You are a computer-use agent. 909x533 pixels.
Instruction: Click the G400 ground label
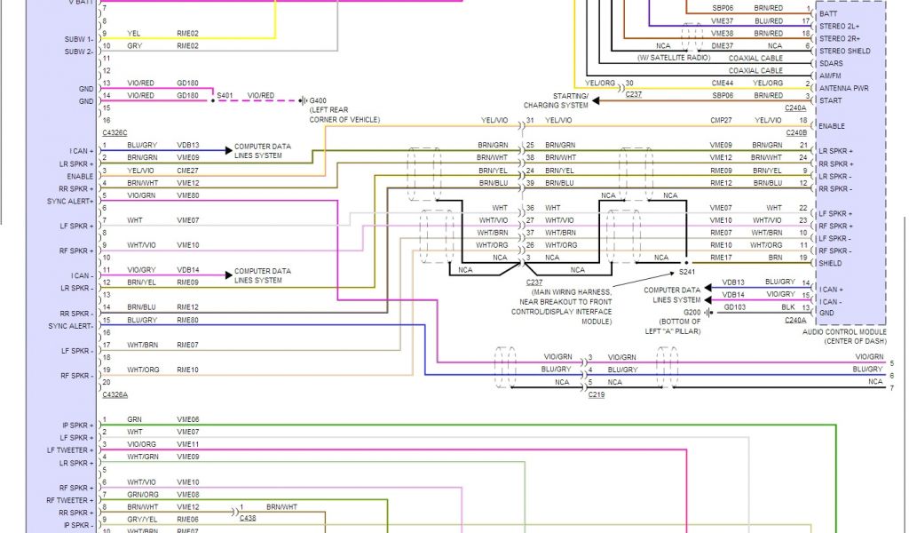point(318,100)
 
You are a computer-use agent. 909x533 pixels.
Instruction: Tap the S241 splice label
point(688,272)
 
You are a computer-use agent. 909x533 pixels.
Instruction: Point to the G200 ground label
point(692,313)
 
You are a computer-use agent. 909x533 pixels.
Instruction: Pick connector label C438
point(248,516)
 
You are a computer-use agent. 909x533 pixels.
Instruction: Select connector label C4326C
point(115,131)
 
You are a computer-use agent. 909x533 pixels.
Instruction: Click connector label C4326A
point(115,394)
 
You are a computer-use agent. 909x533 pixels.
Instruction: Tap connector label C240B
point(795,132)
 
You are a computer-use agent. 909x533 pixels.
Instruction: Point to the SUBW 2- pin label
point(78,52)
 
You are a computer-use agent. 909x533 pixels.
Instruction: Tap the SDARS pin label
point(832,63)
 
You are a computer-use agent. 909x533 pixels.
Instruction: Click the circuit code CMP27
point(721,120)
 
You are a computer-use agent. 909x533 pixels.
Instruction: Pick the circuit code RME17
point(721,257)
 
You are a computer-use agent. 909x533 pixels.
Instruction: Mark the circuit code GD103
point(734,306)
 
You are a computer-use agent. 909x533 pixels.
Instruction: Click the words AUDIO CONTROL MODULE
point(842,331)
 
